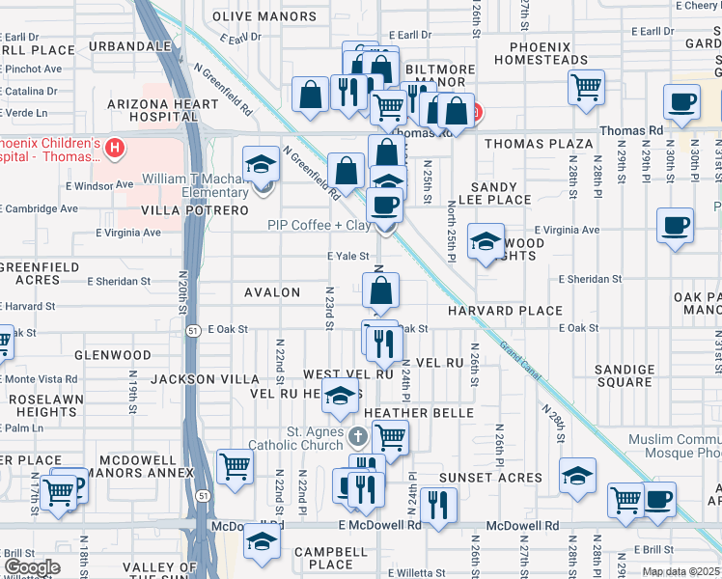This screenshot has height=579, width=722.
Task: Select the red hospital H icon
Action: pos(115,148)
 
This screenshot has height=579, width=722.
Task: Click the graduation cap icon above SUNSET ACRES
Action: pos(577,475)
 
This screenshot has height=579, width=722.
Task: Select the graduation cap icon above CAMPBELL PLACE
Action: pos(261,540)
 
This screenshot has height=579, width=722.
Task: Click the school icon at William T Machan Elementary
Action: pos(261,164)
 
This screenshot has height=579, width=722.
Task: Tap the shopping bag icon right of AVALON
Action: pos(381,289)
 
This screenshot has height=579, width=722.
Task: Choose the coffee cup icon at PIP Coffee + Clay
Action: pos(384,205)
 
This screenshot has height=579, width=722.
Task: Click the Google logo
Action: pos(31,567)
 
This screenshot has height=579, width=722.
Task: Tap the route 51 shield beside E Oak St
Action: pos(193,329)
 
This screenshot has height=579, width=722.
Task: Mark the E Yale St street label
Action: pos(347,257)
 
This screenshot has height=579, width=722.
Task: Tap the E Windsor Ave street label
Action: pos(98,184)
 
